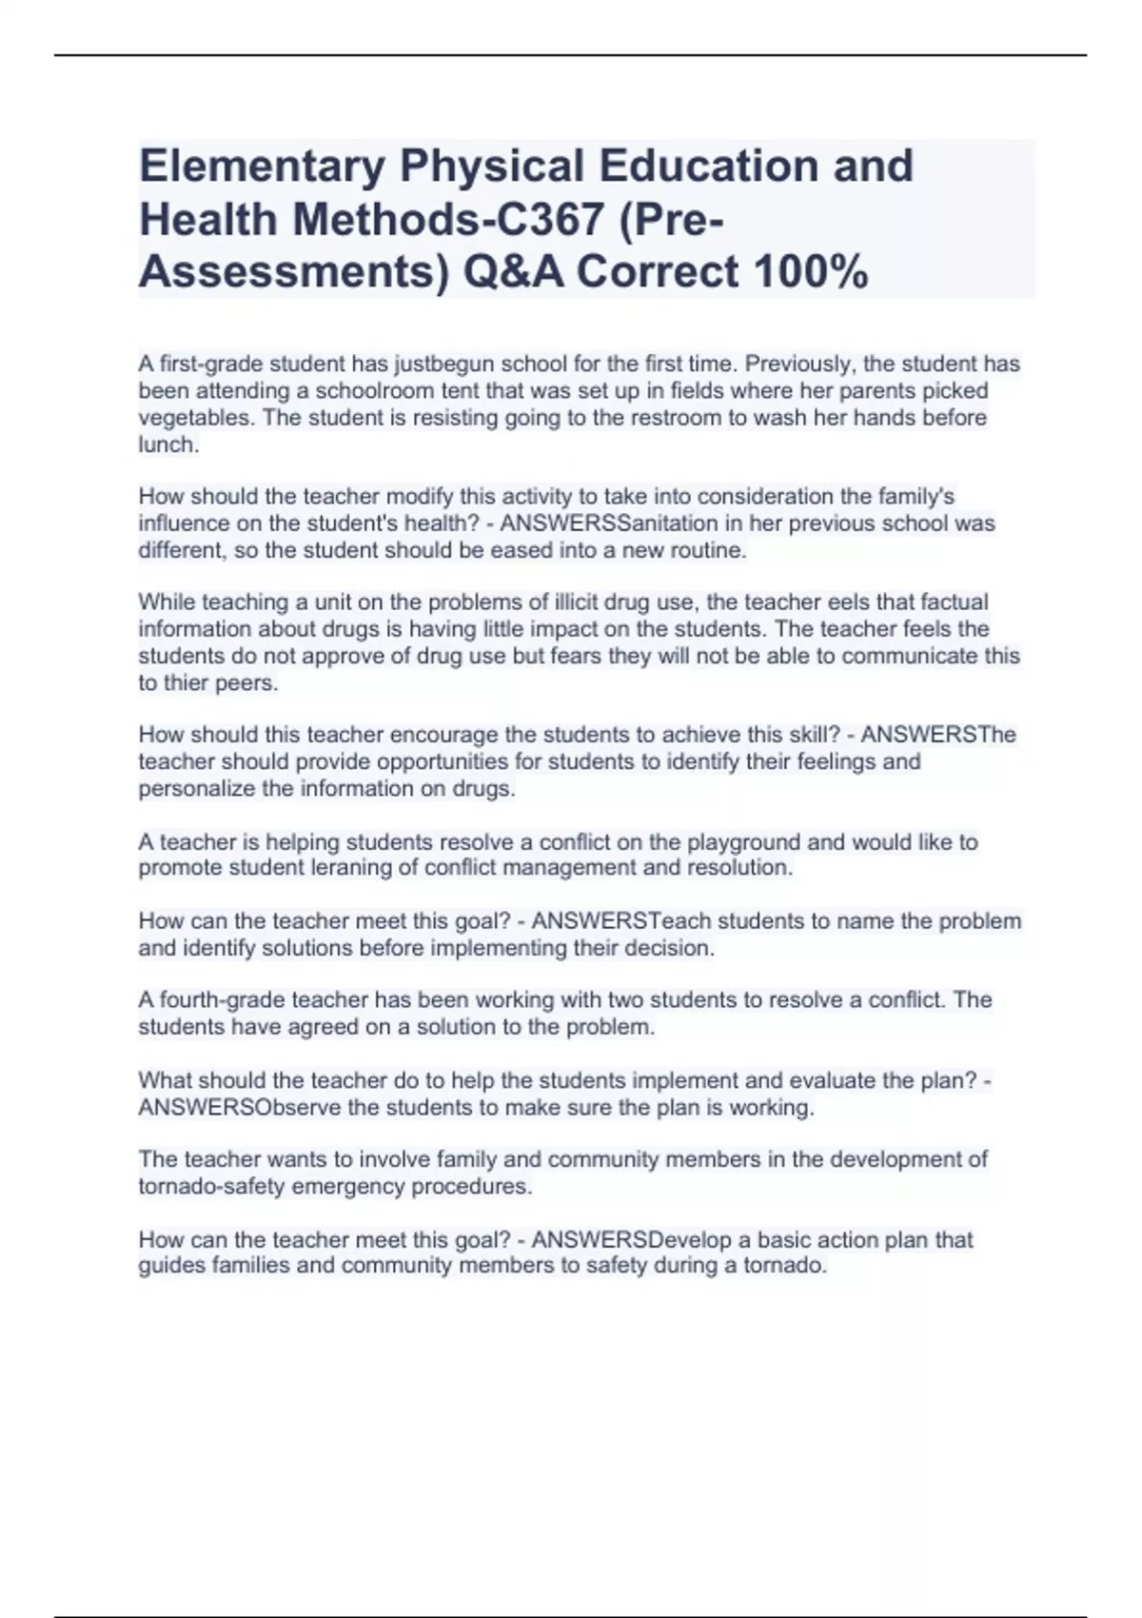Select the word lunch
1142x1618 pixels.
point(168,444)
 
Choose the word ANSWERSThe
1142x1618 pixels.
point(938,735)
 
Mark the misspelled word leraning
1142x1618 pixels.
point(380,868)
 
